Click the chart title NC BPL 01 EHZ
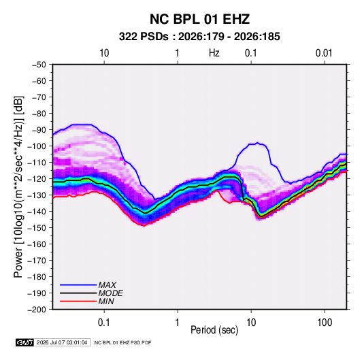point(199,19)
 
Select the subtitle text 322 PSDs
point(144,37)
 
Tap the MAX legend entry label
point(107,285)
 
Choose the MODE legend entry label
point(110,293)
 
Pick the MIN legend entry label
point(106,301)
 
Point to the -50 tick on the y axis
point(39,65)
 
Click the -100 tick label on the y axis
point(37,146)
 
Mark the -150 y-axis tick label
point(37,228)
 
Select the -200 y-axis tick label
point(37,310)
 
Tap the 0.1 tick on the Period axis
point(104,323)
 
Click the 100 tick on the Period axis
point(325,323)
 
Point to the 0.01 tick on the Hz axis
point(324,53)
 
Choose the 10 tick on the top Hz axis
point(104,53)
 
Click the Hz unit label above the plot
point(214,53)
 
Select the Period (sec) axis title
point(214,330)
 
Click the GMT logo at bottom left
point(24,342)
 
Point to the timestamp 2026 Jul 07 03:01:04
point(62,342)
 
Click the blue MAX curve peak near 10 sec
point(257,143)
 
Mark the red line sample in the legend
point(78,301)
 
